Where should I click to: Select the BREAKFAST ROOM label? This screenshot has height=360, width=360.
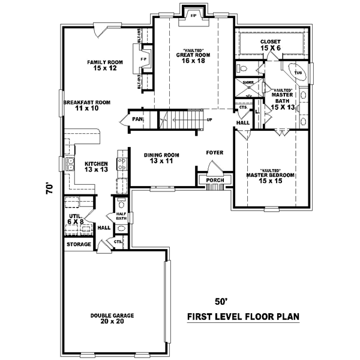click(87, 106)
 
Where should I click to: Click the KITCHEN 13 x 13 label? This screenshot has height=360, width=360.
click(95, 166)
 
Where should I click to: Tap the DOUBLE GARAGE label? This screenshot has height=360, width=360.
click(112, 318)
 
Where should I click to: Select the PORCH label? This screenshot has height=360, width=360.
click(215, 180)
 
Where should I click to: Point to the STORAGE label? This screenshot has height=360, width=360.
click(79, 244)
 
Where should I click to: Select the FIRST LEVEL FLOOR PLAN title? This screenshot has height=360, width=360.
click(243, 316)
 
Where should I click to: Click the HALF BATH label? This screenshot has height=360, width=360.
click(121, 217)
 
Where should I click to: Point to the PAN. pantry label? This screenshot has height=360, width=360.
click(137, 119)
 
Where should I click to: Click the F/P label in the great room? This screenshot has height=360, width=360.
click(193, 16)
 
